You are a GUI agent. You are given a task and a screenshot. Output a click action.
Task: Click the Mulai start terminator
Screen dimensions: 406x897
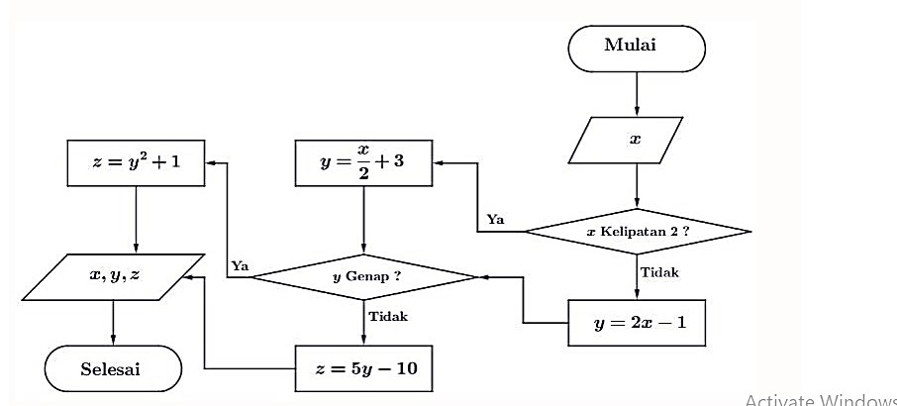tap(637, 47)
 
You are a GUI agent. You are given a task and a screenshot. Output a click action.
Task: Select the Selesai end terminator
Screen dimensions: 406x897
tap(113, 369)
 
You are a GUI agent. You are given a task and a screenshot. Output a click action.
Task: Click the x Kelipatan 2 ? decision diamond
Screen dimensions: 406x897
tap(638, 232)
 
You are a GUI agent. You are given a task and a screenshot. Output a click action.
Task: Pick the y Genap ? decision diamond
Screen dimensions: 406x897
tap(364, 276)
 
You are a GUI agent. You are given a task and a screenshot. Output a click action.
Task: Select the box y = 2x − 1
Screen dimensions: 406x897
tap(637, 322)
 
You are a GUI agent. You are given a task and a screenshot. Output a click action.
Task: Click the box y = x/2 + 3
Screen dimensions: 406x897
tap(363, 162)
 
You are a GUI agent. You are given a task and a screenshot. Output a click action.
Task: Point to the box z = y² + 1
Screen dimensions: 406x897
tap(135, 162)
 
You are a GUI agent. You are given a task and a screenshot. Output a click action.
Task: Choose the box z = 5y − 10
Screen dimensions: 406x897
tap(365, 369)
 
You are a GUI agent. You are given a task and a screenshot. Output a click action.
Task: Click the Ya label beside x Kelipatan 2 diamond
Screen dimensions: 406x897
tap(495, 219)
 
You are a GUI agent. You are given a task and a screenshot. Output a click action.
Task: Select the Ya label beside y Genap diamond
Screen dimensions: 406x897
tap(239, 265)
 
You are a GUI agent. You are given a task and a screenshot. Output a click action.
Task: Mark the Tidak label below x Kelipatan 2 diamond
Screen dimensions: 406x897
tap(660, 272)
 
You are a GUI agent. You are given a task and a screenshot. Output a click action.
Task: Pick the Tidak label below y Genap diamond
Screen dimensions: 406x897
tap(387, 317)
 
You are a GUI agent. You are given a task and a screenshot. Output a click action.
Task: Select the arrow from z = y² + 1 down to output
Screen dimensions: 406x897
tap(135, 219)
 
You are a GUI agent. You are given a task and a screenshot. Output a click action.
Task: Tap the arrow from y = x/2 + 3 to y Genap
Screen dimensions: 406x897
tap(363, 219)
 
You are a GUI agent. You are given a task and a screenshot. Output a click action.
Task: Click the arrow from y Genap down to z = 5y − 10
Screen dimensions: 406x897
tap(363, 322)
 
